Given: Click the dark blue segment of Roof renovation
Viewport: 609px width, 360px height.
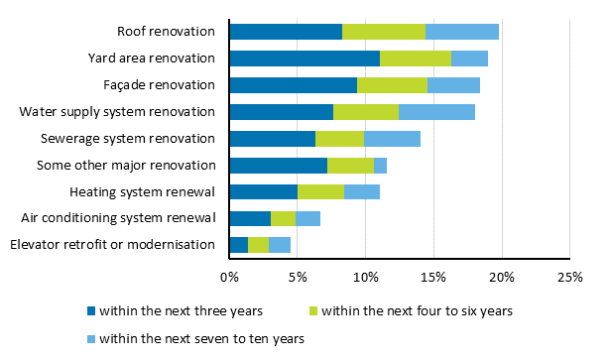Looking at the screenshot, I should (286, 32).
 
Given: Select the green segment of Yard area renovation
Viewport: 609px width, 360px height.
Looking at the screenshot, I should (416, 59).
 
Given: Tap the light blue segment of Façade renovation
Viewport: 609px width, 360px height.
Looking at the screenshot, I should (453, 85).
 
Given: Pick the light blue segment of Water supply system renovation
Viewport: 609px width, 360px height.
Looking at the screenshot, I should (436, 112).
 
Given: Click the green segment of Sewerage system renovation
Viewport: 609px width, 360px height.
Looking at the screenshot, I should (339, 139).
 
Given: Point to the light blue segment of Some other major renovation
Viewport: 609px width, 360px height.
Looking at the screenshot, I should (380, 166).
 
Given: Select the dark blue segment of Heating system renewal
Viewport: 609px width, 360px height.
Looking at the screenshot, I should (263, 191).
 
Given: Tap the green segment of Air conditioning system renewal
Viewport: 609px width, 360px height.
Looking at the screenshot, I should (283, 218).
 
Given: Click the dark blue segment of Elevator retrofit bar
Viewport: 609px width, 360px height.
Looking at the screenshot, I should (238, 245).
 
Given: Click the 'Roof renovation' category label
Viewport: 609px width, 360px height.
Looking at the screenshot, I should (167, 32).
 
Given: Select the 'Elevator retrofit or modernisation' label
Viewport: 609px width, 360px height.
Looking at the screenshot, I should (112, 245).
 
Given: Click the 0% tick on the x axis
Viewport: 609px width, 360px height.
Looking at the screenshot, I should (229, 278).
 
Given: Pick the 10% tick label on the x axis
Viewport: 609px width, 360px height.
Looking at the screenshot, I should (365, 278).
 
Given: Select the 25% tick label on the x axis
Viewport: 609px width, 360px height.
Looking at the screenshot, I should (569, 278).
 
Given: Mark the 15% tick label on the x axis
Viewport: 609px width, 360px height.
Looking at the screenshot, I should (433, 278).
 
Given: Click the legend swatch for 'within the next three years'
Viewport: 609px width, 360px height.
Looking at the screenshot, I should (90, 311).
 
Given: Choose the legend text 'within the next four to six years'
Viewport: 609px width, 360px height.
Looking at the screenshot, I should (417, 311).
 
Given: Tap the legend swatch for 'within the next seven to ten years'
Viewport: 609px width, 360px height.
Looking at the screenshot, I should (90, 338).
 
